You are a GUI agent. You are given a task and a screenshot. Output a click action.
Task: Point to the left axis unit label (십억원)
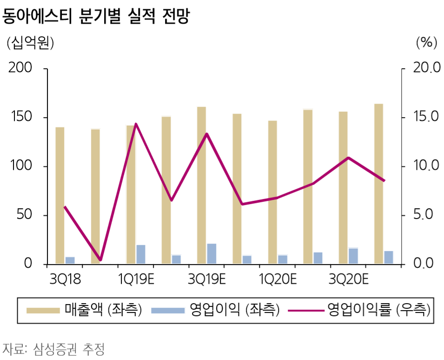tap(30, 43)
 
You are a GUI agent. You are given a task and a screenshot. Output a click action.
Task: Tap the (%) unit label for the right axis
tap(426, 43)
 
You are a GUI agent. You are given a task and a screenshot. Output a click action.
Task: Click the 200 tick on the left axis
tap(22, 68)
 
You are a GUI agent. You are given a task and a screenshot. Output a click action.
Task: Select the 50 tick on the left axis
tap(26, 215)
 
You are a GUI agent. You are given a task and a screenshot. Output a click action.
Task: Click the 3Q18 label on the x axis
tap(65, 280)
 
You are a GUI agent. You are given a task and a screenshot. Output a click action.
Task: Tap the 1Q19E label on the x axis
tap(136, 280)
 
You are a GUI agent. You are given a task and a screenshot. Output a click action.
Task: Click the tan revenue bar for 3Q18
tap(60, 195)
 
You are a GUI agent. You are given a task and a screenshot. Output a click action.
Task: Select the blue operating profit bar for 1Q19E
tap(141, 254)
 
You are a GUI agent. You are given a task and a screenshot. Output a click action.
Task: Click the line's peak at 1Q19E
tap(136, 124)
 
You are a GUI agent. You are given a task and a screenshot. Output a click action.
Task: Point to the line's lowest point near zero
tap(100, 260)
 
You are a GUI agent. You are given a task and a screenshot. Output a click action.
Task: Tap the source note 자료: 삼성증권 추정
tap(53, 348)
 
